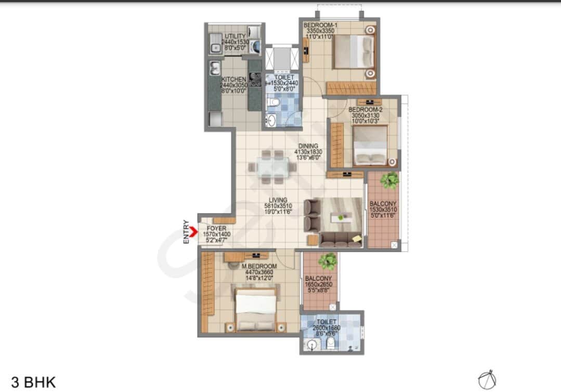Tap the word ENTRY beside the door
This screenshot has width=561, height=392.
186,232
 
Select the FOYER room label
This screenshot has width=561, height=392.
216,228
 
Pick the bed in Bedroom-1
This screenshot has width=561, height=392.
354,51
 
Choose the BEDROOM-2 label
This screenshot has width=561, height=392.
366,110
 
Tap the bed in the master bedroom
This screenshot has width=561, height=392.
255,310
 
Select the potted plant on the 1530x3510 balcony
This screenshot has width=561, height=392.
389,180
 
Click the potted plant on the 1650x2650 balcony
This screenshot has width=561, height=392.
327,260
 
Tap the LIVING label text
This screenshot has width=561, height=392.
279,200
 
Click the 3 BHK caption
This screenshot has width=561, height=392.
33,382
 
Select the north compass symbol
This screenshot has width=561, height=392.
487,379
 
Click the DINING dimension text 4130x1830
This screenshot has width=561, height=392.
308,152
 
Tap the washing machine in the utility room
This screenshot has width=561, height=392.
255,47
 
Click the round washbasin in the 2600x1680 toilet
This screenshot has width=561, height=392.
311,344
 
